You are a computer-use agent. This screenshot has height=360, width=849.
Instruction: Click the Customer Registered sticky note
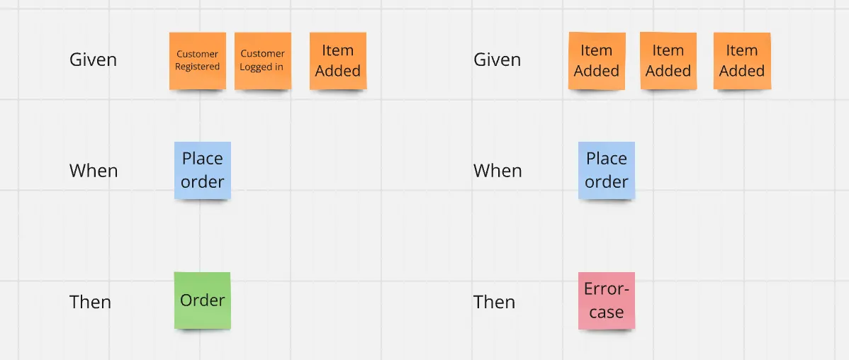coord(198,61)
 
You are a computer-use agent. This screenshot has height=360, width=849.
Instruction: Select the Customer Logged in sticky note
coord(263,61)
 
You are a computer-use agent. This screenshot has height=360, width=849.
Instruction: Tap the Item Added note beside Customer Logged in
coord(338,61)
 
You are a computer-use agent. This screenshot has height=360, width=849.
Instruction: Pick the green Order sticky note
coord(203,300)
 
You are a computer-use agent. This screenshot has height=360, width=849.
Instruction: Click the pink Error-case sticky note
coord(607,300)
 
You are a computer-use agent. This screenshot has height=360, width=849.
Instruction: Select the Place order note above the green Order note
coord(203,171)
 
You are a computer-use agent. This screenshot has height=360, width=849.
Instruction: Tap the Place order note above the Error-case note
coord(607,171)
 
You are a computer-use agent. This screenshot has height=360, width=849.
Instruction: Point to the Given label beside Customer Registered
coord(93,60)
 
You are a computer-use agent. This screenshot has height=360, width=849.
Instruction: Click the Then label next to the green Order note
coord(91,301)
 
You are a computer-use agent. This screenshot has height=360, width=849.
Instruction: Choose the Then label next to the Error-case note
coord(495,301)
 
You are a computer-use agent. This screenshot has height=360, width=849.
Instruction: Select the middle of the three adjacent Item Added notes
coord(668,61)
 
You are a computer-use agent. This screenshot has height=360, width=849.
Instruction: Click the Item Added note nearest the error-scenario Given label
coord(597,61)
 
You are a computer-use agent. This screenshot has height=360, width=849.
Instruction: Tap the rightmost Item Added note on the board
coord(742,61)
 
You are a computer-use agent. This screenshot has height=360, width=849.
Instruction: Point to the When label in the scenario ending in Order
coord(94,171)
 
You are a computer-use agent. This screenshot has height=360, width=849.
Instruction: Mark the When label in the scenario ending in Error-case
coord(497,171)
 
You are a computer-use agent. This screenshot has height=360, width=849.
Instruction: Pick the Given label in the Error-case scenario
coord(497,60)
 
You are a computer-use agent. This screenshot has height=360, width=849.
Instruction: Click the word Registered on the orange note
coord(198,67)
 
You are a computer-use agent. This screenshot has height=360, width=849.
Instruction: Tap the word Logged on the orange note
coord(254,67)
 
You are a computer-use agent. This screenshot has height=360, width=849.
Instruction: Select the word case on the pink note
coord(607,313)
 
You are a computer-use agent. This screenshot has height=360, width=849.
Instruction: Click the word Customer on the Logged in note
coord(263,54)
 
